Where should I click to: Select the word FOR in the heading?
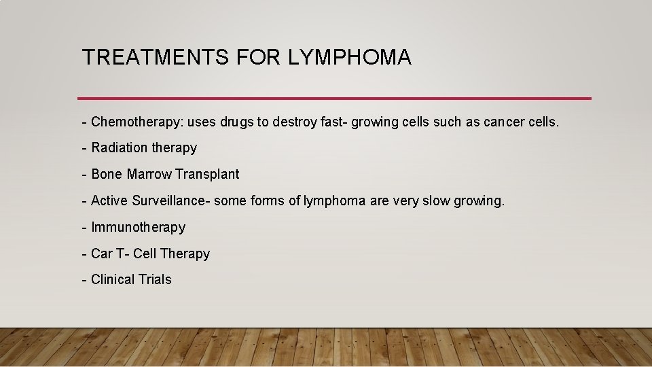(x=258, y=58)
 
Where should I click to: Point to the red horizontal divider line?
(x=334, y=98)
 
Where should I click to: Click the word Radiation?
(x=119, y=148)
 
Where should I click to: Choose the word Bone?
(x=107, y=175)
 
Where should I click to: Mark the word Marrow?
(x=149, y=175)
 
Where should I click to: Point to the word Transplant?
(x=207, y=175)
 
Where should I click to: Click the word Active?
(x=109, y=200)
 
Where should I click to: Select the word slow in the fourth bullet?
(x=437, y=200)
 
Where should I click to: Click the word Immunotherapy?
(x=138, y=227)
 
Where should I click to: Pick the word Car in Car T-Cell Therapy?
(x=102, y=254)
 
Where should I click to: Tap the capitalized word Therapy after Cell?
(x=185, y=254)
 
